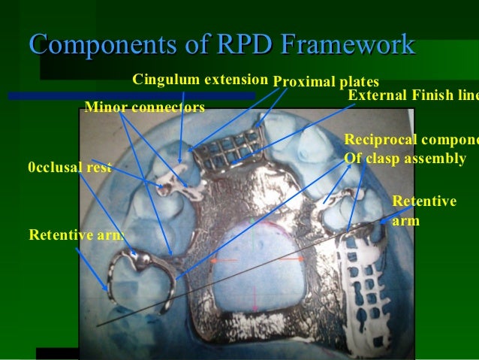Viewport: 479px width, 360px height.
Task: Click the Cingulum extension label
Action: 200,79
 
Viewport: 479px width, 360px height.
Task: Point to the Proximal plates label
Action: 326,81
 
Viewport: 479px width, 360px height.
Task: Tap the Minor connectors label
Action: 145,107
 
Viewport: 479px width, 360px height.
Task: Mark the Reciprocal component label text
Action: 410,150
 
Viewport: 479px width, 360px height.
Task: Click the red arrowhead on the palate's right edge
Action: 301,259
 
